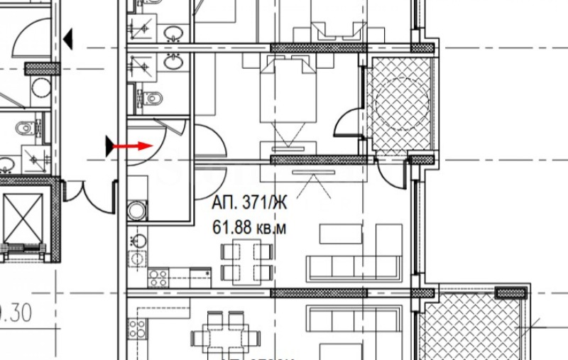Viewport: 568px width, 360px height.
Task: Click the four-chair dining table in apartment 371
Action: click(246, 261)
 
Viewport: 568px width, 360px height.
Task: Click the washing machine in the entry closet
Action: click(136, 210)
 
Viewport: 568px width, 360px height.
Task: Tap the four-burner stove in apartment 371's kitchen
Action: click(158, 278)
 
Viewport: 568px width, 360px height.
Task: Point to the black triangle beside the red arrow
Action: click(109, 146)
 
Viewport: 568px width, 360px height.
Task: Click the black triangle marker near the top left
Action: click(68, 40)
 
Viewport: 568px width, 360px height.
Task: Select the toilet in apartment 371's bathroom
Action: click(149, 97)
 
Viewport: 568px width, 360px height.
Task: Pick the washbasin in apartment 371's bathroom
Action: click(172, 62)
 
